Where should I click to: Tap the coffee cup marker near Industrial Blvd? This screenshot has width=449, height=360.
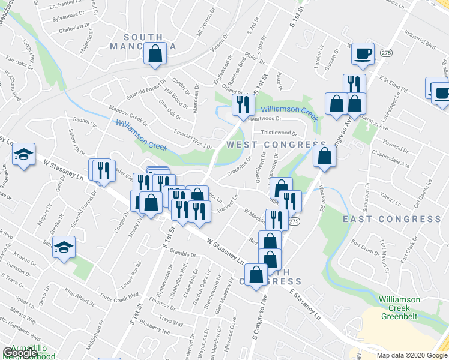[363, 53]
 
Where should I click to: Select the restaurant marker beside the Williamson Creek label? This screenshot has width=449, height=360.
[243, 104]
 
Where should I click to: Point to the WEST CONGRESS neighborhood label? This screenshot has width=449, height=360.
[276, 145]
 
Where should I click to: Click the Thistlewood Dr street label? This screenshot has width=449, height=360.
[279, 133]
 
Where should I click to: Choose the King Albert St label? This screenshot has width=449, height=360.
[80, 293]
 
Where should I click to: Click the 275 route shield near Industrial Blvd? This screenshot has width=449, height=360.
[386, 53]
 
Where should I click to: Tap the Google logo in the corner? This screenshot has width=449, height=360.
[20, 353]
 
